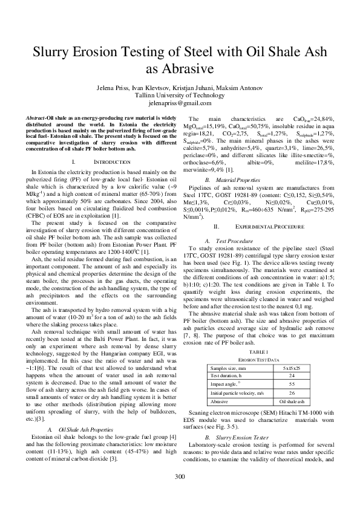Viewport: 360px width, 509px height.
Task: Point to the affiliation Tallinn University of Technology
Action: [x=180, y=95]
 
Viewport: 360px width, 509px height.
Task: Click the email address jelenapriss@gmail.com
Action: [x=180, y=103]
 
